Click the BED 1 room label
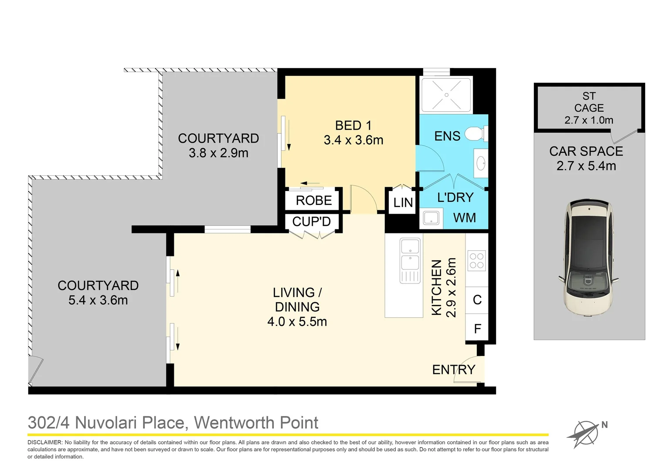coord(353,126)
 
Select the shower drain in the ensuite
coord(446,95)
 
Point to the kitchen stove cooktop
coord(476,260)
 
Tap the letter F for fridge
coord(477,329)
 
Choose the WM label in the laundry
coord(464,218)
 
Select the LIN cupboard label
coord(403,202)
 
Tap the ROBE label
coord(313,201)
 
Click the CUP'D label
coord(311,222)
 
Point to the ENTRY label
coord(453,370)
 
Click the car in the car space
coord(588,257)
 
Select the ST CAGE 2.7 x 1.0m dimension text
coord(588,120)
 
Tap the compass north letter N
coord(605,425)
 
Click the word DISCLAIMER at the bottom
coord(45,443)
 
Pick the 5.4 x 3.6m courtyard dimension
coord(98,300)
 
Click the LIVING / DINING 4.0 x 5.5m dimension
coord(297,322)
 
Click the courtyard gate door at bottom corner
coord(36,371)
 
